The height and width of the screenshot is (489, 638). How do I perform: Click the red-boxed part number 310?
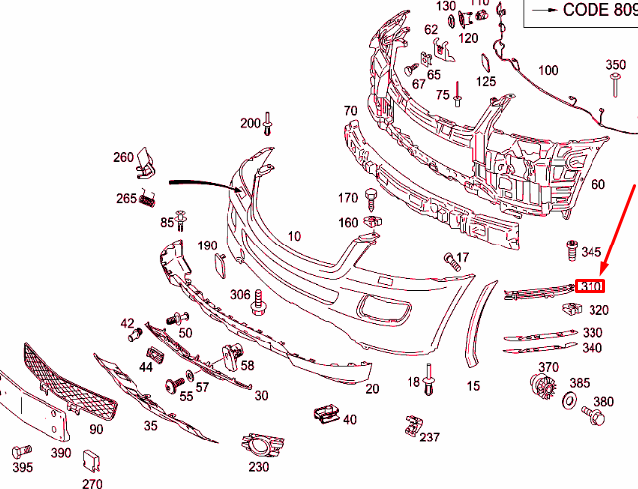(x=591, y=287)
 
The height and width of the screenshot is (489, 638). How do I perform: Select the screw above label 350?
(x=616, y=83)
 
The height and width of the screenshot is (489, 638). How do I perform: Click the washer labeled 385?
(x=571, y=401)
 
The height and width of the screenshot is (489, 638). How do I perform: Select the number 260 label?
(x=122, y=157)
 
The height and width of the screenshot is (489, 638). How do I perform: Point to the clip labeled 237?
(x=410, y=426)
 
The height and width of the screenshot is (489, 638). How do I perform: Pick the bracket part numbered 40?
(x=323, y=413)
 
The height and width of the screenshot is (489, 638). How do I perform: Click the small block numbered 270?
(x=91, y=459)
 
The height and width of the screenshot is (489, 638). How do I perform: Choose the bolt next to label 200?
(x=269, y=125)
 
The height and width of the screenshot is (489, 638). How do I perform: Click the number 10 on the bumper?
(x=294, y=236)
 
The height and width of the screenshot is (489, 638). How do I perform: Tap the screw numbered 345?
(x=571, y=248)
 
